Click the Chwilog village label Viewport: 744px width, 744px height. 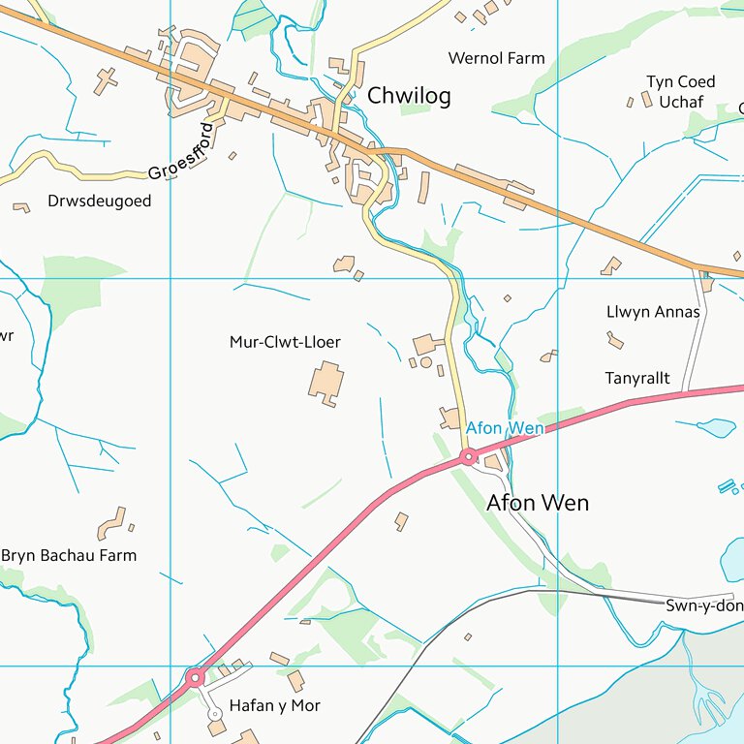(x=408, y=97)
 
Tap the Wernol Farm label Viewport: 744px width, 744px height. (x=496, y=58)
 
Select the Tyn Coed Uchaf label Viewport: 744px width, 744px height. (x=681, y=91)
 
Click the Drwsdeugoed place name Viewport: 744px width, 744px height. (x=99, y=201)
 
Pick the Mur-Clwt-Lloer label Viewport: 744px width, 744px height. (x=285, y=342)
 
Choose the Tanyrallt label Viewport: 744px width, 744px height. (x=637, y=378)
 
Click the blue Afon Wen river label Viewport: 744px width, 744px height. (x=505, y=427)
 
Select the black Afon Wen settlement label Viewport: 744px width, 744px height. (x=537, y=503)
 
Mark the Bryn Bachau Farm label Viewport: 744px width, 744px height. (x=69, y=555)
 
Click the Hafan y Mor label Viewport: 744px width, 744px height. (x=274, y=705)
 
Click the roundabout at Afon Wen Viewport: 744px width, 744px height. (x=468, y=456)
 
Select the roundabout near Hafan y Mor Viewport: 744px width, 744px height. (x=196, y=677)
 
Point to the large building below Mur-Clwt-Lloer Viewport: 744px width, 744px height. (x=325, y=383)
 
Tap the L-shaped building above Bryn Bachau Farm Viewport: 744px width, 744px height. (x=112, y=523)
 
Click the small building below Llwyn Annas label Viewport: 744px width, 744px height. (x=615, y=339)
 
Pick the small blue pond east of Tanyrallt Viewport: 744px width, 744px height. (x=717, y=426)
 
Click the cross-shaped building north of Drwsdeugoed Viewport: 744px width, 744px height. (x=106, y=80)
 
